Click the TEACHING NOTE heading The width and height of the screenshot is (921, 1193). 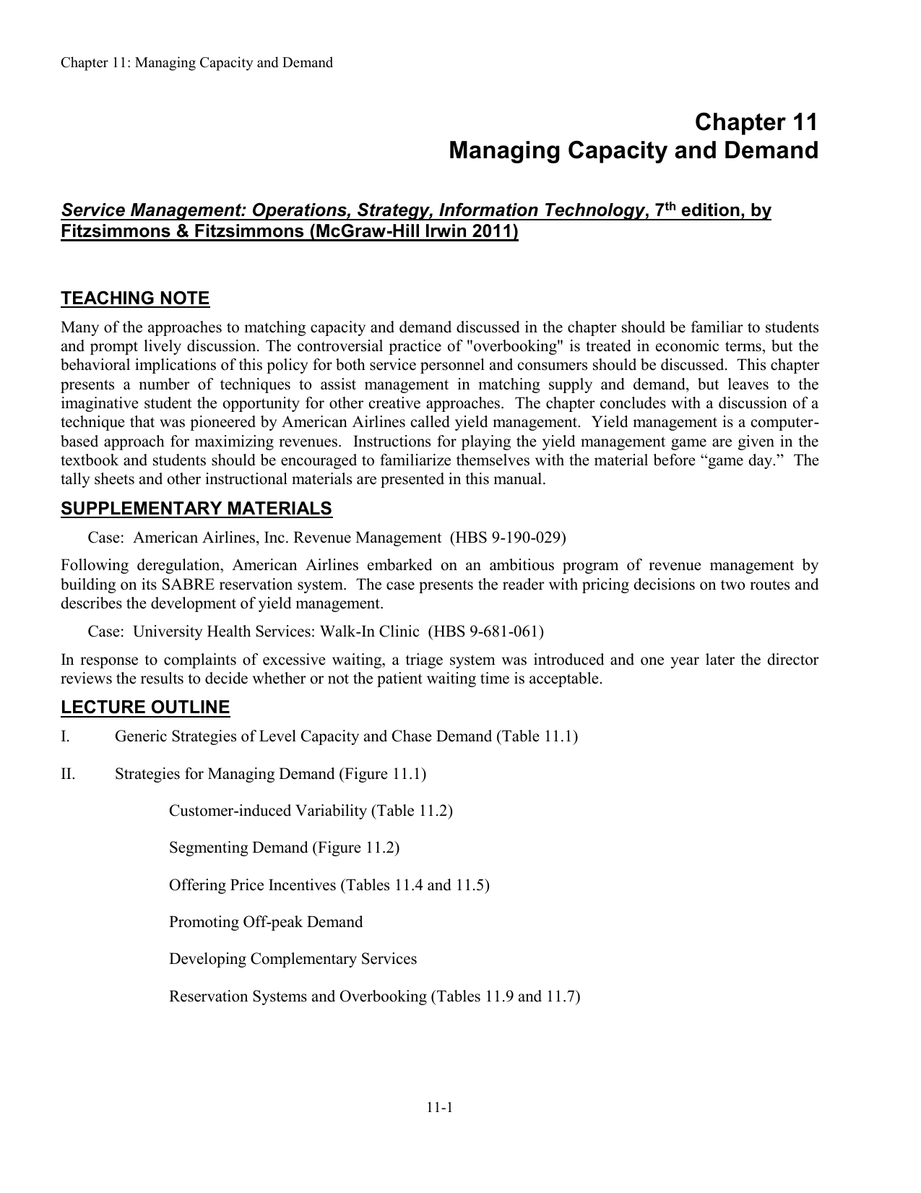pos(135,298)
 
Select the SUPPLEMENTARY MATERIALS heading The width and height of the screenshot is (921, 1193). pos(196,509)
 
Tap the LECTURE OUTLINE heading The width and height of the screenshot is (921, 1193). pos(145,707)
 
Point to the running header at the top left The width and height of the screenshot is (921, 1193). pos(196,63)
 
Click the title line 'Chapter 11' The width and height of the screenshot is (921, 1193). pos(756,122)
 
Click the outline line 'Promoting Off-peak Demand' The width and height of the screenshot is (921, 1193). pos(266,922)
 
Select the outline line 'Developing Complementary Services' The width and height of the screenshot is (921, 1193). pos(293,960)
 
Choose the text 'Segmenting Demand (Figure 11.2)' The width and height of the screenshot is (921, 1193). pos(284,848)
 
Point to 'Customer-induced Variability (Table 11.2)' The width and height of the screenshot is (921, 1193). pos(311,811)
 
